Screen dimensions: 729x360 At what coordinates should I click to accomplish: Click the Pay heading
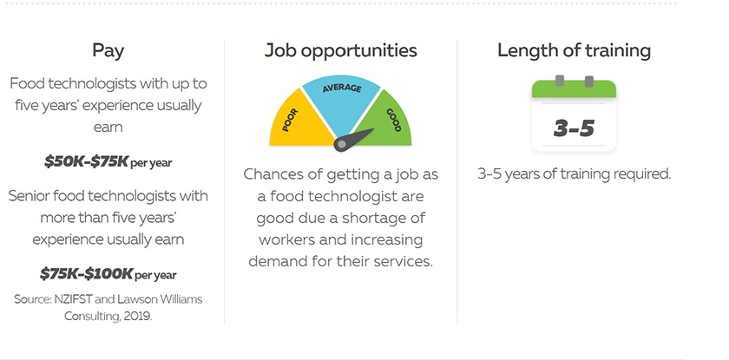coord(108,50)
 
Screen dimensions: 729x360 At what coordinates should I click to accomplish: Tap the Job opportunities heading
coord(341,50)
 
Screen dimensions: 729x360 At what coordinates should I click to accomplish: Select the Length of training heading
coord(574,50)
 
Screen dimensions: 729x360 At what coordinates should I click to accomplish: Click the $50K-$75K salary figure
coord(86,161)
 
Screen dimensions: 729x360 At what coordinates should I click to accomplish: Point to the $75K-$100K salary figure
coord(87,273)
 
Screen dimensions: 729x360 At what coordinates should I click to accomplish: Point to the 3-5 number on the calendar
coord(574,128)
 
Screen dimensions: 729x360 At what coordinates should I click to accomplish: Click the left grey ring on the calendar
coord(559,81)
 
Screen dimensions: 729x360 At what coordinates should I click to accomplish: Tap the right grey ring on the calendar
coord(589,81)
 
